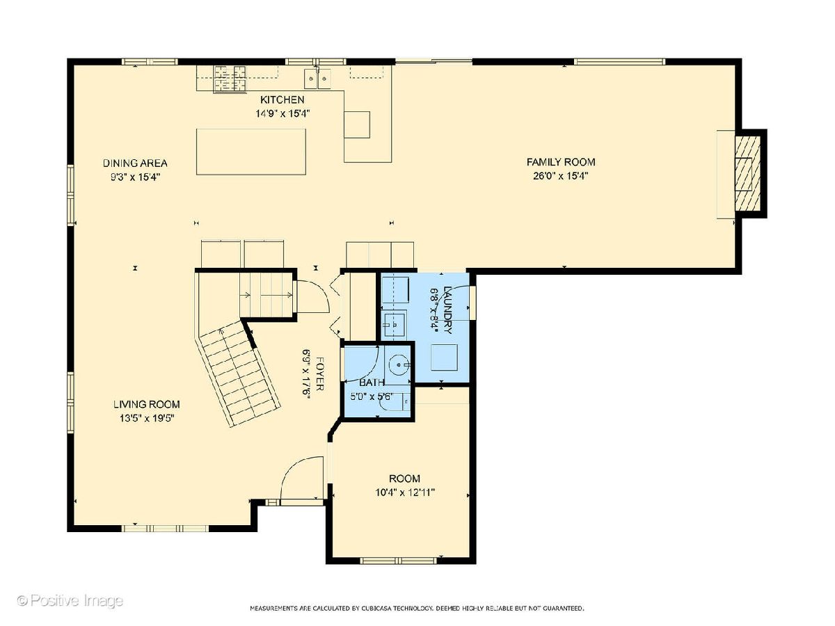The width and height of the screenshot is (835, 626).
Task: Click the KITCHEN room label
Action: [x=282, y=100]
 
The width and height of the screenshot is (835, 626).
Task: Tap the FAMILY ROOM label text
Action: [x=561, y=162]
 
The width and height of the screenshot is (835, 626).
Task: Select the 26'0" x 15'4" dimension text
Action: [x=561, y=176]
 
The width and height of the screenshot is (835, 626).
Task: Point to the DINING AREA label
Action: [x=135, y=163]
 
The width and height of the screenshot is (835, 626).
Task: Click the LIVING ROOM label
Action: [x=146, y=404]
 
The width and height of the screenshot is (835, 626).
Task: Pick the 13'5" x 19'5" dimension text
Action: [x=147, y=419]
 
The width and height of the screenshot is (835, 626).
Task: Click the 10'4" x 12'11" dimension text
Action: [x=405, y=493]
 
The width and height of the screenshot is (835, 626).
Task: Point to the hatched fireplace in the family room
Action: [x=747, y=173]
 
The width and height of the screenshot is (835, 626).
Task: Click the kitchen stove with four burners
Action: [x=230, y=79]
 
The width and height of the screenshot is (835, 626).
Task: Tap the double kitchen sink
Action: [x=317, y=79]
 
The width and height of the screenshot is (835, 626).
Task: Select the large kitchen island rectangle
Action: [x=251, y=152]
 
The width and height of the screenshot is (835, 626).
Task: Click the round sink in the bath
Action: [x=399, y=364]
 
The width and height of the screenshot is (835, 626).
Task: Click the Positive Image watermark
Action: [x=70, y=600]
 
